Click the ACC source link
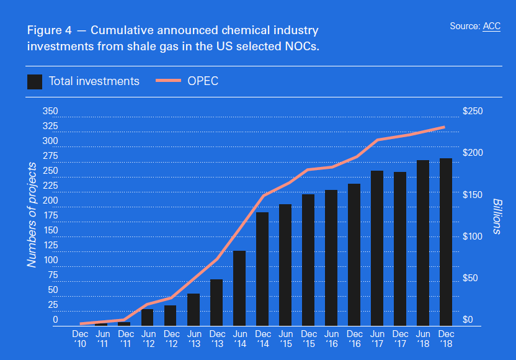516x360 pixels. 491,26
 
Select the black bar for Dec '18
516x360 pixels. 445,242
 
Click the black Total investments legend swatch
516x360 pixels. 35,81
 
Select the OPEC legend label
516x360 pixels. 203,81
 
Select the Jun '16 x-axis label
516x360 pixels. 331,338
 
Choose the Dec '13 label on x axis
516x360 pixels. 216,338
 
